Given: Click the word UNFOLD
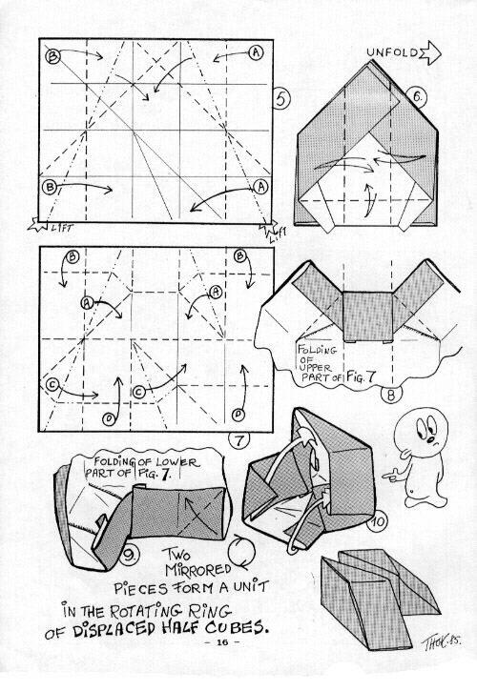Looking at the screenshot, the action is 392,52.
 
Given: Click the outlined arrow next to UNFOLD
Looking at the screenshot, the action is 430,53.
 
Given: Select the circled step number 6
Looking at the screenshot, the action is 417,96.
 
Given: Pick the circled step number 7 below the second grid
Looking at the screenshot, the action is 238,439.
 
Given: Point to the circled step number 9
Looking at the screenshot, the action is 129,555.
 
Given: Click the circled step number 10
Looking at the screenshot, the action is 377,522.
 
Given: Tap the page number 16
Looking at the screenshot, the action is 222,642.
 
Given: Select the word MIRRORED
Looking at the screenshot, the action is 198,569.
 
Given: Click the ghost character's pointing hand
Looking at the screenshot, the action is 391,475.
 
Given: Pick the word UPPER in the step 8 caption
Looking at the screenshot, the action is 315,367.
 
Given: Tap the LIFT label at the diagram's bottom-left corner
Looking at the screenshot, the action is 62,228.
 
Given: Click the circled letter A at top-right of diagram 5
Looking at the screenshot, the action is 256,52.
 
